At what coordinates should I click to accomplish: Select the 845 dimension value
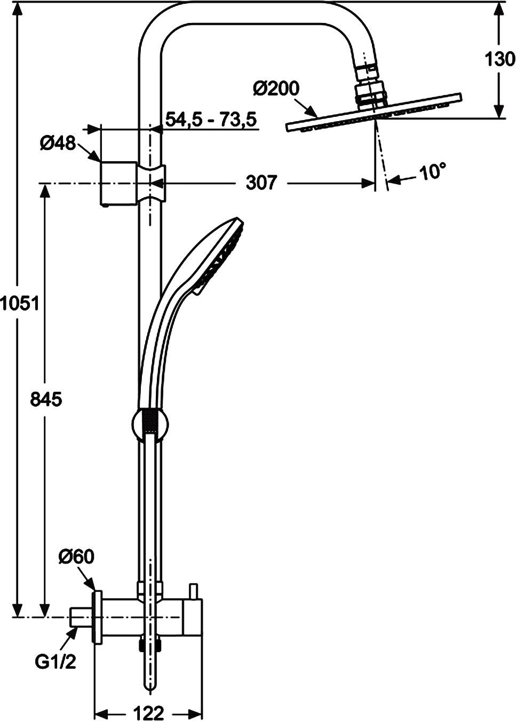(46, 399)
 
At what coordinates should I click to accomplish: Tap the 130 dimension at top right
(499, 59)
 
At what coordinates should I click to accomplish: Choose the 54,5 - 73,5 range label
(211, 119)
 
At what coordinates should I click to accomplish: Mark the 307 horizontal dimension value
(261, 183)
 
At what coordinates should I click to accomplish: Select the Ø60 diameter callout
(76, 557)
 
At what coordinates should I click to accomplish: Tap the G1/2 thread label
(55, 662)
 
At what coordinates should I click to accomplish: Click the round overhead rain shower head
(374, 112)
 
